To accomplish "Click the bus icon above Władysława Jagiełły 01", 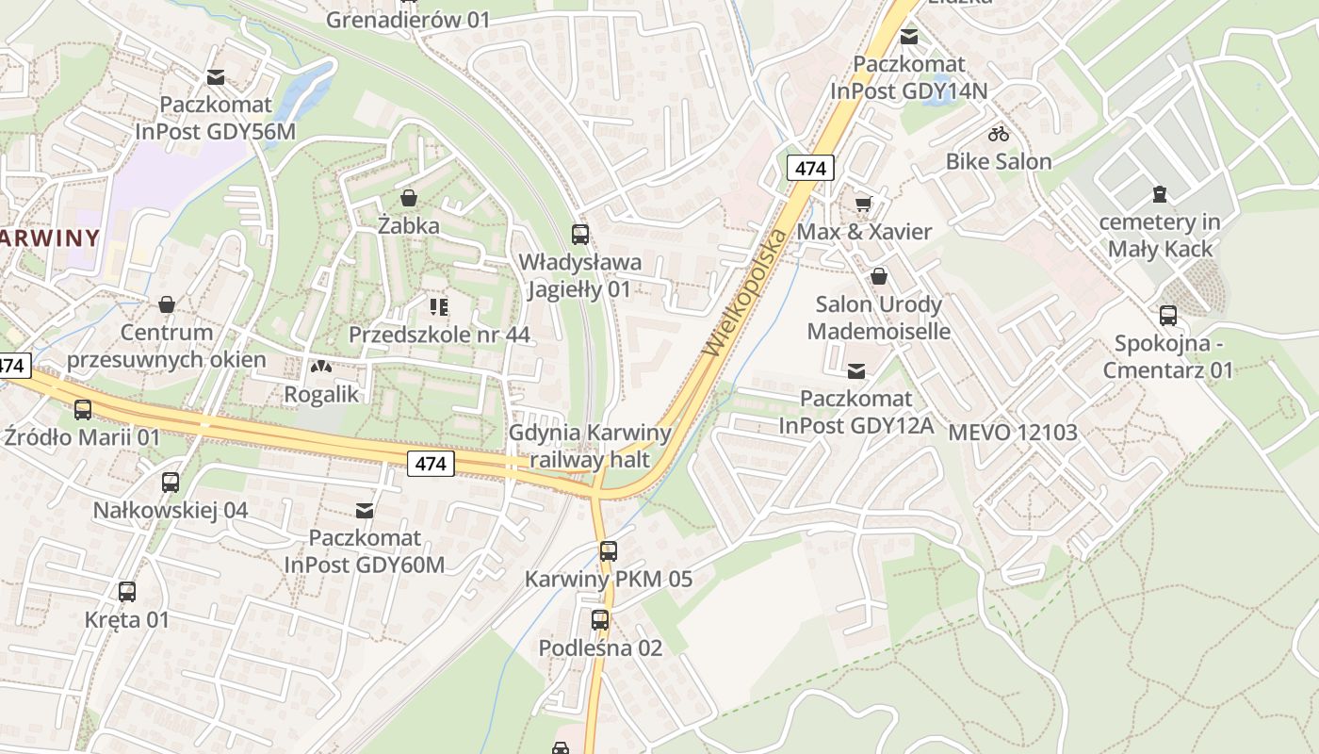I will (580, 235).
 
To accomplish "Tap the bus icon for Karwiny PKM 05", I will (609, 551).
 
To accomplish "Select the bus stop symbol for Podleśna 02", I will (600, 620).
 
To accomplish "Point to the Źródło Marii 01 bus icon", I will (83, 410).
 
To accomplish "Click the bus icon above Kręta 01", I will (127, 592).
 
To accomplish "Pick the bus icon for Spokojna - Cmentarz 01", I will (1168, 316).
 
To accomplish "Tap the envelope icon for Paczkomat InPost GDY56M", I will (216, 77).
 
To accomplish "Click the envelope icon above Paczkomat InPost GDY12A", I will (856, 371).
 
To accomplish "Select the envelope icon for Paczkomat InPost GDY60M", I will (365, 511).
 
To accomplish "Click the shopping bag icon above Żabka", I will (409, 198).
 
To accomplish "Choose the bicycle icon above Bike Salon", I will (999, 134).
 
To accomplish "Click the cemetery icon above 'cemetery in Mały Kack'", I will (1160, 194).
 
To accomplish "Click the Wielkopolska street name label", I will (744, 292).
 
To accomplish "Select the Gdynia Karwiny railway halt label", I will (590, 446).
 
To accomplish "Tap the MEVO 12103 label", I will (1013, 433).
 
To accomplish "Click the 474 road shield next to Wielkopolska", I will (810, 168).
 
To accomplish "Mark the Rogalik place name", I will (321, 394).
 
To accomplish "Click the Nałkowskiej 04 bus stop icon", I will (171, 483).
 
